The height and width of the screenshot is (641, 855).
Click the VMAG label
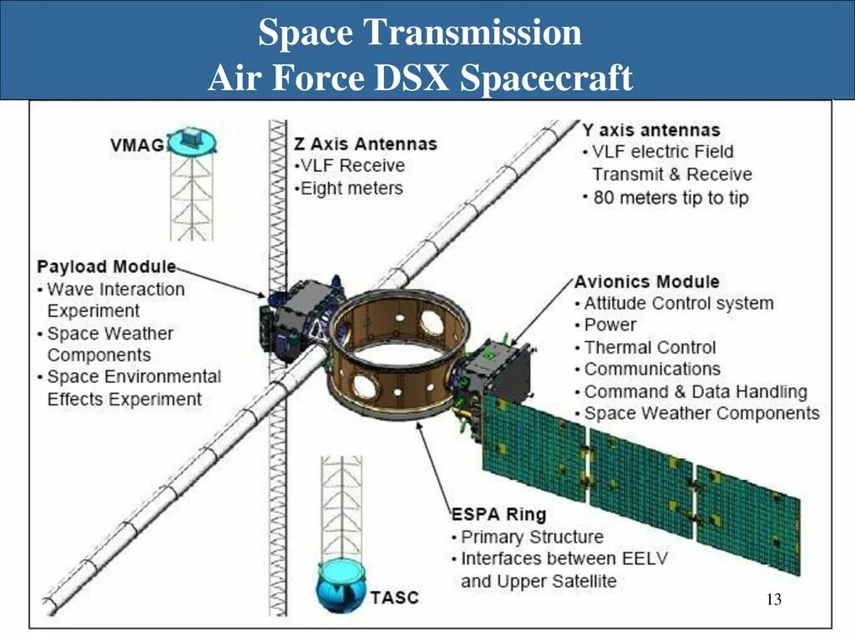coord(136,145)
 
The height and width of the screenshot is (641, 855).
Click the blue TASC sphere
coord(341,585)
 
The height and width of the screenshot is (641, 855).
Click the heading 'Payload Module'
coord(107,266)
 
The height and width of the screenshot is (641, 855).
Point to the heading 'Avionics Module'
coord(646,281)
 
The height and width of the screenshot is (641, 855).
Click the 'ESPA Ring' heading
coord(498,513)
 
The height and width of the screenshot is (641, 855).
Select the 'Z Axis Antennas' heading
coord(366,144)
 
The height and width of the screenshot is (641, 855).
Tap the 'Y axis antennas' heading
coord(651,129)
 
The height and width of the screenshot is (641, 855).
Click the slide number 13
coord(773,599)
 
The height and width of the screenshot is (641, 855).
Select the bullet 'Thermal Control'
coord(650,347)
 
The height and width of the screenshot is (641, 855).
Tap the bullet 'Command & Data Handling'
coord(695,391)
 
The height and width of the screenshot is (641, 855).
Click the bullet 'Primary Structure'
coord(531,537)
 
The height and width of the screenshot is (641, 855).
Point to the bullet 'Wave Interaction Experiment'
coord(114,300)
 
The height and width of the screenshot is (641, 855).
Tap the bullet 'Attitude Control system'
coord(678,303)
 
